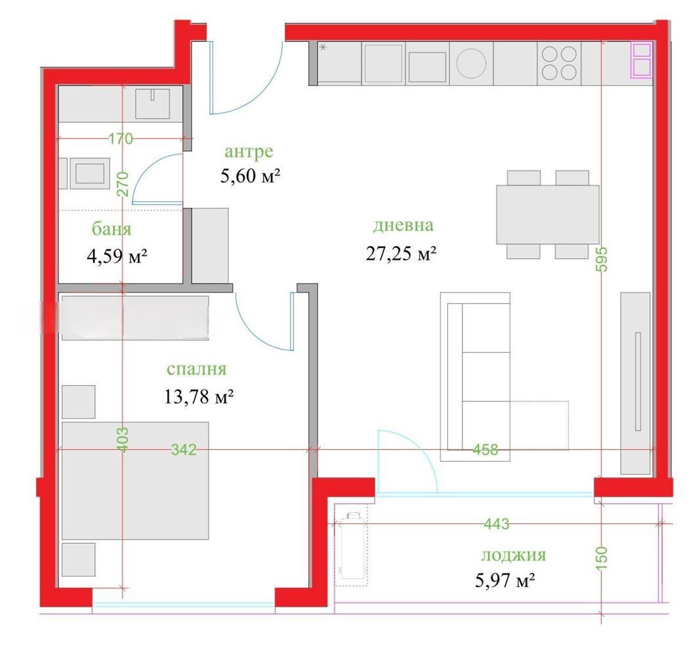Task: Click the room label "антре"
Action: click(249, 152)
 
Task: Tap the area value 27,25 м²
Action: click(401, 254)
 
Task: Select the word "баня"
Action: click(112, 229)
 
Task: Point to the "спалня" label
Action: click(197, 369)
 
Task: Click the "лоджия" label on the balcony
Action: click(514, 554)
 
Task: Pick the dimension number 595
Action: click(602, 259)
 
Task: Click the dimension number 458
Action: click(485, 450)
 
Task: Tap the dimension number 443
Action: click(497, 524)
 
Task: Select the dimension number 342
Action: click(184, 450)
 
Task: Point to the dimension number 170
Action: click(121, 138)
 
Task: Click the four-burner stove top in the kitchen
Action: click(559, 63)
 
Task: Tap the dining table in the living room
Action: click(548, 215)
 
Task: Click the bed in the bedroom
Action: click(135, 481)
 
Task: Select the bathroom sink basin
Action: click(152, 104)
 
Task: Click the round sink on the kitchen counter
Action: click(471, 63)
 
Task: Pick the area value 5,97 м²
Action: click(505, 580)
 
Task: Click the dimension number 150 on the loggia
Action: click(602, 558)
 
